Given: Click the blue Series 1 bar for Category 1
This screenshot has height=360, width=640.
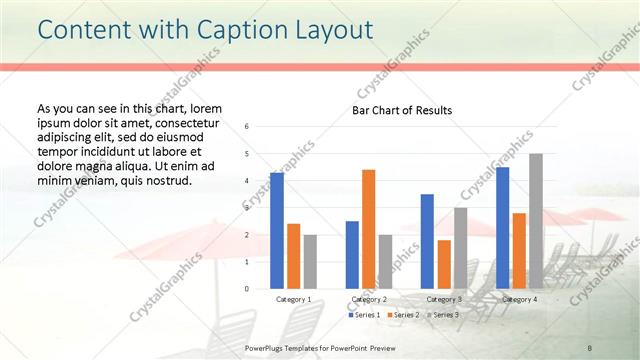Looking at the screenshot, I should coord(277,231).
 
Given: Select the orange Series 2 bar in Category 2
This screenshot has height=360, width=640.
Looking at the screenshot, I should coord(368,229).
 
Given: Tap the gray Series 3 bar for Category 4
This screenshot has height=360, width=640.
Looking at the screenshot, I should coord(536,221).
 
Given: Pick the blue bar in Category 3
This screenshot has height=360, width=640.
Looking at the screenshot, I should coord(427,241).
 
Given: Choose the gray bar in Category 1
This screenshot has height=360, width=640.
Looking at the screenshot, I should coord(310,262).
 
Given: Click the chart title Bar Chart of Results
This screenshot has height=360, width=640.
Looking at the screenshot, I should coord(401,110).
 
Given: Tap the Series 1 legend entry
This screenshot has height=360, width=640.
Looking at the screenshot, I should coord(365,315).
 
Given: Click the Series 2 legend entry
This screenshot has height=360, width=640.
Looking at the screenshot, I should coord(402,315).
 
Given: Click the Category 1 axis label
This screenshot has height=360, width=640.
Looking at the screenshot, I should coord(293,299).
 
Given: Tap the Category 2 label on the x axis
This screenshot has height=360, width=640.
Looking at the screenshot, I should coord(368,299).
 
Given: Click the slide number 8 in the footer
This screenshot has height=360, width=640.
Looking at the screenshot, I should coord(590,346).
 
